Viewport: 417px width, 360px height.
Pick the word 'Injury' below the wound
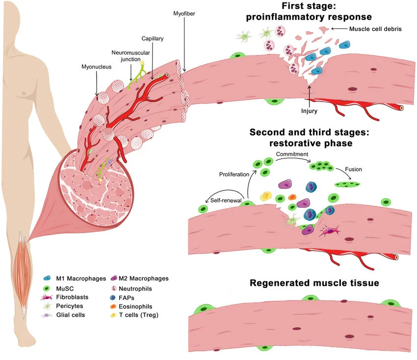[309, 111]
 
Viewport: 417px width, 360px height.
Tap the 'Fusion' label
[353, 169]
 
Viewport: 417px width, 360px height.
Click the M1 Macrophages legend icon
[47, 278]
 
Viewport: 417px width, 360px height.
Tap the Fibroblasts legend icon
[47, 297]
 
